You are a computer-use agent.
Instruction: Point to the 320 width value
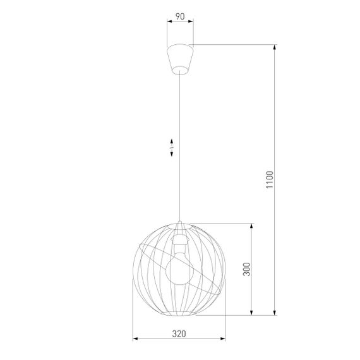pos(179,334)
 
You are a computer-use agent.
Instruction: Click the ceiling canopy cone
pos(180,56)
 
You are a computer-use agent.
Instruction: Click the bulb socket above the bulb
pos(179,241)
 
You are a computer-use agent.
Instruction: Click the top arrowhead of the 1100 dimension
pos(275,46)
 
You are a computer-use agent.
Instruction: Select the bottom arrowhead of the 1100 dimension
pos(275,313)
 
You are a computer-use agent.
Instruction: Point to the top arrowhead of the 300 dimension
pos(253,224)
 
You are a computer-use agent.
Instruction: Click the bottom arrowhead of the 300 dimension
pos(253,313)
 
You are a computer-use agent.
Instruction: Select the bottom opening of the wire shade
pos(180,313)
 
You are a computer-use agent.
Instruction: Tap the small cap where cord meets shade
pos(180,225)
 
